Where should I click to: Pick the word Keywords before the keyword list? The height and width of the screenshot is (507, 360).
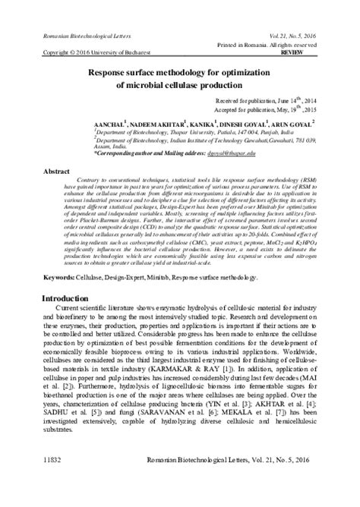60,279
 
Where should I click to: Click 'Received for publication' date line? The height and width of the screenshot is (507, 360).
265,100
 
